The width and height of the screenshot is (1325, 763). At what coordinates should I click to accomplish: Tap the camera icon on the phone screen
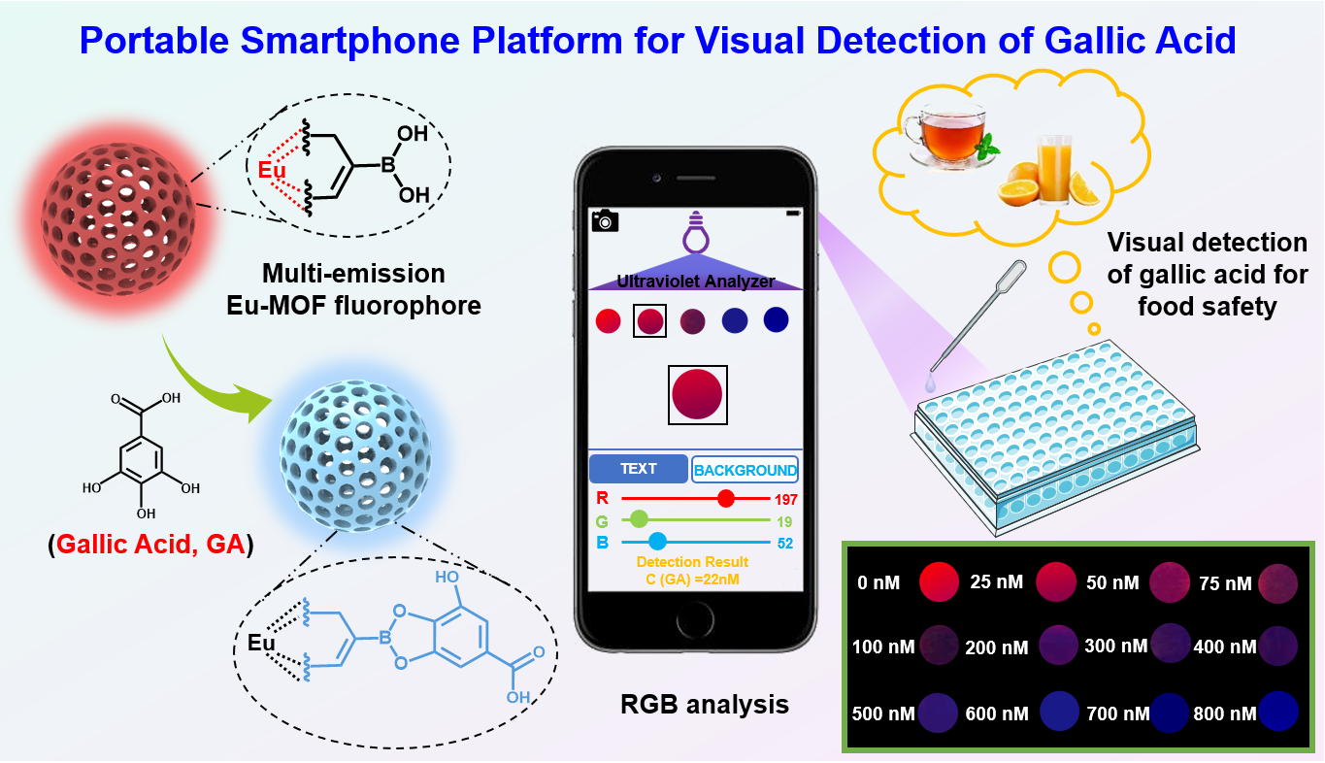point(605,220)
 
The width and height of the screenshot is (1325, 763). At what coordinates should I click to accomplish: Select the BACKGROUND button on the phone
point(745,470)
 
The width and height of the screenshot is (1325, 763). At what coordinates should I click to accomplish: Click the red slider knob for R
point(725,499)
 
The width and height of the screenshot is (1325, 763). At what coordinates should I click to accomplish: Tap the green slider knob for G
point(639,519)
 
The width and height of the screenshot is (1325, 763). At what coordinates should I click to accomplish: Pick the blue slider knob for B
point(657,541)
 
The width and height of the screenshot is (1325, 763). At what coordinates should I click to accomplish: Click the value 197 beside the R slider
point(783,500)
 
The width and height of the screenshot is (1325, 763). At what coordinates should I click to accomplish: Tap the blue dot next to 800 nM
point(1277,713)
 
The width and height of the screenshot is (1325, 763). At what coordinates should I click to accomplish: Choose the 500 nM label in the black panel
point(882,713)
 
